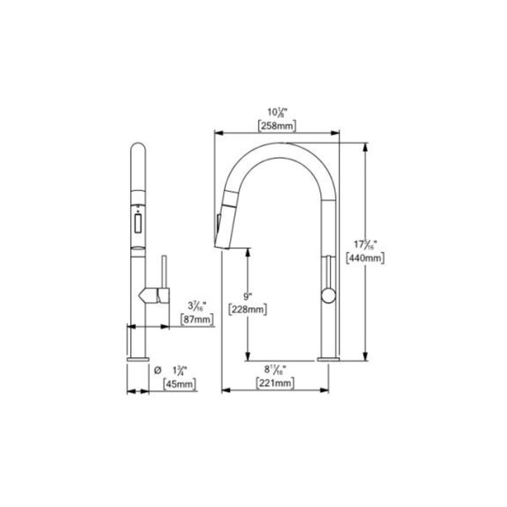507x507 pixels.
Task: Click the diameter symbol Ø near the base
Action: (x=158, y=370)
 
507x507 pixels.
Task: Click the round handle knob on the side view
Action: (x=327, y=294)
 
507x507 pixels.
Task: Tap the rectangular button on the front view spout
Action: (x=136, y=223)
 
